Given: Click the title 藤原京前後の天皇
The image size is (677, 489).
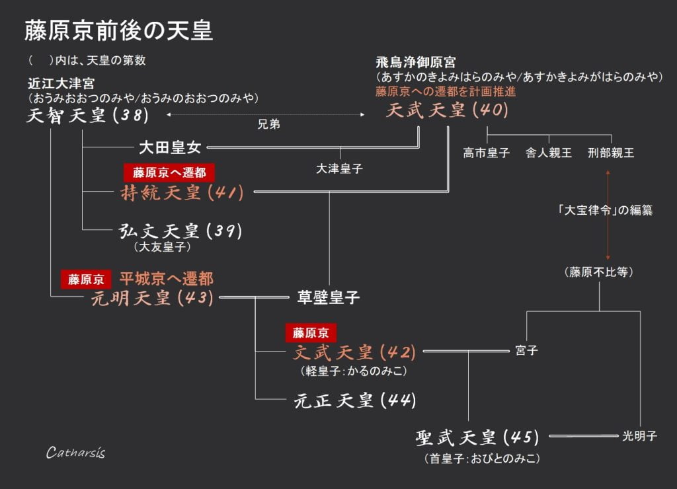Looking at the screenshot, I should click(119, 30).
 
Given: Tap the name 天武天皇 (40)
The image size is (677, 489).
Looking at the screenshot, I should click(447, 110).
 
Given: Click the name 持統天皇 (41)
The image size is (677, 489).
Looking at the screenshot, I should click(182, 193).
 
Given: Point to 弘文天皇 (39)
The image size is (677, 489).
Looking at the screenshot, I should click(180, 231).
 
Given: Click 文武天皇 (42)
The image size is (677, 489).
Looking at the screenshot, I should click(354, 352).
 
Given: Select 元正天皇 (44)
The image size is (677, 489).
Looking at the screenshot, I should click(354, 400).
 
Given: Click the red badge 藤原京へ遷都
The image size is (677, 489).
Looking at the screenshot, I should click(170, 172).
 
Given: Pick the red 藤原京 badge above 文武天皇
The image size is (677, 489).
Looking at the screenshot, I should click(311, 332).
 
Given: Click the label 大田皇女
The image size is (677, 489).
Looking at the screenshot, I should click(169, 147).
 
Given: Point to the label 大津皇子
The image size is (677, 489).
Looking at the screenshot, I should click(340, 169).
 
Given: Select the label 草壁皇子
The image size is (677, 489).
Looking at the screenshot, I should click(329, 298).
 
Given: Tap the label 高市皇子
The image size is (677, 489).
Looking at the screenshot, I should click(487, 153).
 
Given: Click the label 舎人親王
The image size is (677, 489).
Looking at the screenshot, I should click(549, 153).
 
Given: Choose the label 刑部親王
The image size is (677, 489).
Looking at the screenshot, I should click(611, 153).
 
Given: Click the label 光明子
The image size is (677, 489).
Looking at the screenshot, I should click(639, 436).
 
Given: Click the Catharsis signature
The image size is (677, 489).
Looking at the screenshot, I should click(75, 453).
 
